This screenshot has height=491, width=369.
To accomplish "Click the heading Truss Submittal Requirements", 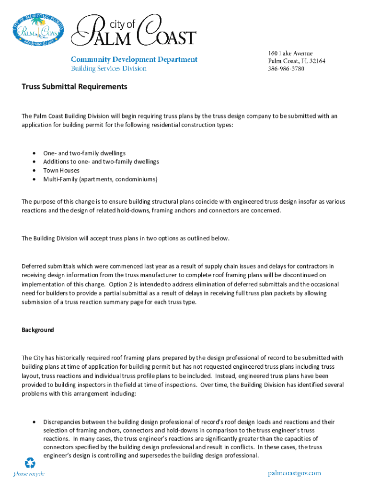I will pos(74,87).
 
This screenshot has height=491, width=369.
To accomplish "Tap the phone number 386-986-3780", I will pos(286,69).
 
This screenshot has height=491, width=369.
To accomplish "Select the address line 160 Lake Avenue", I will pos(290,53).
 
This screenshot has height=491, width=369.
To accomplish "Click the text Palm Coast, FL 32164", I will pos(296,61).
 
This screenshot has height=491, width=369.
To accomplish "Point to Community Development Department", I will pos(134,59).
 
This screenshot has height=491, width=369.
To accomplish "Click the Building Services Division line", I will pos(109,69).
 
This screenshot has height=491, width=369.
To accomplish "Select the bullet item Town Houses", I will pos(61,171).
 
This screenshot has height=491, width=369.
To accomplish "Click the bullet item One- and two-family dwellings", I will pos(84,153).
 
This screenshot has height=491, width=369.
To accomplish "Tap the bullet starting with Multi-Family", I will pos(100,179).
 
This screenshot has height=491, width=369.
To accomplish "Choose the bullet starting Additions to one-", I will pos(101,162).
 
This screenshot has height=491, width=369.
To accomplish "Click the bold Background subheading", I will pos(38,330).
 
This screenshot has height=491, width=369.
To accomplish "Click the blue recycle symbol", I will pos(30,463).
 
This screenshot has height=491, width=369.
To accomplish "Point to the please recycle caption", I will pos(29,474).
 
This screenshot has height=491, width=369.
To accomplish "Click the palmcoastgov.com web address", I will pos(294,474).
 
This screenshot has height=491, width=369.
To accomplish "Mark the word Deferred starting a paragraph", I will pos(33,266).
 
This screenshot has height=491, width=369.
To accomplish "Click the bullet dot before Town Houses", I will pos(34,171).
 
